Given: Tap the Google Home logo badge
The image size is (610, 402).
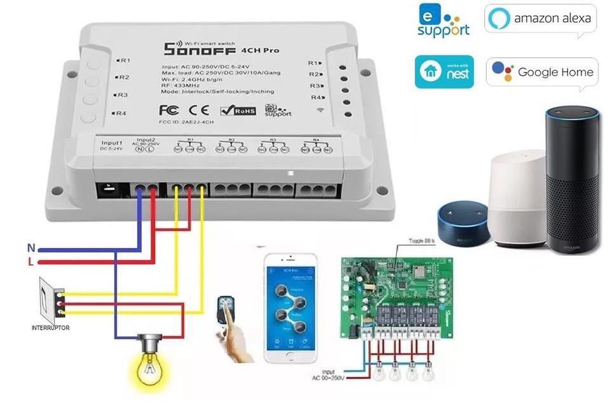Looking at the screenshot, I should pyautogui.click(x=543, y=72).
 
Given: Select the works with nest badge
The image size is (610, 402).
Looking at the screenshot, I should pyautogui.click(x=444, y=71).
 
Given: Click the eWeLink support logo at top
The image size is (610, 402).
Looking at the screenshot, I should pyautogui.click(x=444, y=20).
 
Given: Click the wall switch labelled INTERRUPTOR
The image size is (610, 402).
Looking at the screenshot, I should pyautogui.click(x=51, y=299).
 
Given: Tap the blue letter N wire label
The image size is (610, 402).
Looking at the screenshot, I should pyautogui.click(x=30, y=248).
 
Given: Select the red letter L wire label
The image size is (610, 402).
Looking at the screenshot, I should pyautogui.click(x=30, y=261).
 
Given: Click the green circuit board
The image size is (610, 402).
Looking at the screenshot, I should pyautogui.click(x=396, y=296).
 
